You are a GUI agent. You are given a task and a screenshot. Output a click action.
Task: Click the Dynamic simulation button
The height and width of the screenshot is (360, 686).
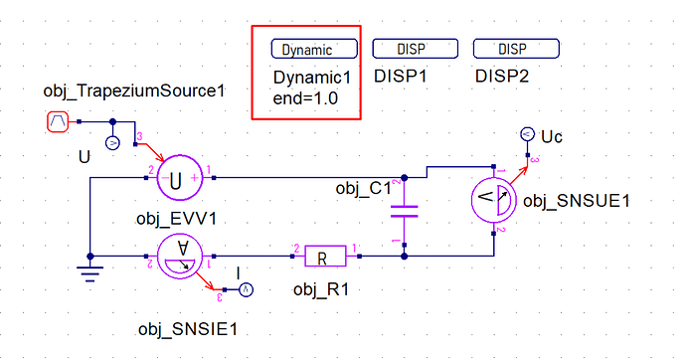pyautogui.click(x=314, y=49)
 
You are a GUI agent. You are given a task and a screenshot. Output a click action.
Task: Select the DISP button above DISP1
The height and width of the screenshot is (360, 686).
pyautogui.click(x=416, y=48)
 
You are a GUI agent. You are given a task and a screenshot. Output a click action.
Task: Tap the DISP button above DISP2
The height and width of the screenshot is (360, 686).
pyautogui.click(x=516, y=48)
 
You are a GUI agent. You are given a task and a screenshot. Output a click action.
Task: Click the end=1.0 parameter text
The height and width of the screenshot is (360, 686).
pyautogui.click(x=305, y=98)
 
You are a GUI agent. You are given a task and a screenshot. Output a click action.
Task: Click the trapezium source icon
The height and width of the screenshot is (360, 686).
pyautogui.click(x=58, y=121)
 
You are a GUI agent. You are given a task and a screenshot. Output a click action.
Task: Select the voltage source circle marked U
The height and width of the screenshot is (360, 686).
pyautogui.click(x=179, y=178)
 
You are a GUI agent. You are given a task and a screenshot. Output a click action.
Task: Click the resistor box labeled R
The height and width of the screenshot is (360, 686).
pyautogui.click(x=325, y=257)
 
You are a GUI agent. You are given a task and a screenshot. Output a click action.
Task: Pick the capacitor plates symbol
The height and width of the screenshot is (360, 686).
pyautogui.click(x=405, y=212)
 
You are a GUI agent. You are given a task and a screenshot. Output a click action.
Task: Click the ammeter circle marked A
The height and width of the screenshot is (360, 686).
pyautogui.click(x=179, y=256)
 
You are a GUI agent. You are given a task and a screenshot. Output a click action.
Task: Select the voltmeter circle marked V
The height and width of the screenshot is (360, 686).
pyautogui.click(x=494, y=200)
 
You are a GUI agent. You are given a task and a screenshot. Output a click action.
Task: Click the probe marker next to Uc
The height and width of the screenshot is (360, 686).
pyautogui.click(x=528, y=134)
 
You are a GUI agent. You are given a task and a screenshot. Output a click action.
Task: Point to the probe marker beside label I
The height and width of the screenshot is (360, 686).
pyautogui.click(x=246, y=289)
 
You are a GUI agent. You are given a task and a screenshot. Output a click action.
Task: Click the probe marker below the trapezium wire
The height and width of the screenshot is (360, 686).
pyautogui.click(x=113, y=143)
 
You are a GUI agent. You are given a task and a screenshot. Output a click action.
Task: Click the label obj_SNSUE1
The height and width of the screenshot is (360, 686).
pyautogui.click(x=577, y=201)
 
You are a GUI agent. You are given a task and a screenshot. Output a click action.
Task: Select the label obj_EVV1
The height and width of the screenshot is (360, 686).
pyautogui.click(x=176, y=218)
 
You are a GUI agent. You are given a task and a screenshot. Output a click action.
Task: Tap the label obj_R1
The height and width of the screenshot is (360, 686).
pyautogui.click(x=321, y=289)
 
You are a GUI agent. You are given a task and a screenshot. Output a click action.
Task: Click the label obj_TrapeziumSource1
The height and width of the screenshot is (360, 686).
pyautogui.click(x=134, y=90)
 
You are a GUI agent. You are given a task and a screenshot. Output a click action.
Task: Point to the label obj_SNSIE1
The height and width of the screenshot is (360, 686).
pyautogui.click(x=188, y=329)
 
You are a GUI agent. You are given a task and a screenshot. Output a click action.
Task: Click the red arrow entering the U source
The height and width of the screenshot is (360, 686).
pyautogui.click(x=149, y=152)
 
